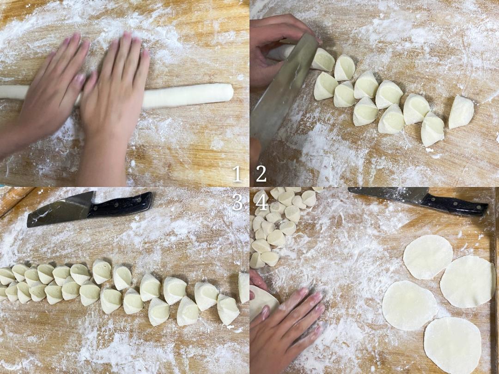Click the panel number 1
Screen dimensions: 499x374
point(237,174)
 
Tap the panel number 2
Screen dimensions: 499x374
point(261,174)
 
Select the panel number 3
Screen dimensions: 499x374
point(237,202)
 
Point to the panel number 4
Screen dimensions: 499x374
point(262,202)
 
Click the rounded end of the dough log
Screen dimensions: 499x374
point(229,92)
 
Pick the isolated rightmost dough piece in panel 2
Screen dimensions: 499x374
point(461,112)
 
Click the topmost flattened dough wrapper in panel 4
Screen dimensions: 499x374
point(428,257)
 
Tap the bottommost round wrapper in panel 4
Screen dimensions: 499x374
point(452,345)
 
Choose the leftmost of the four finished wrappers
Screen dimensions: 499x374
point(409,305)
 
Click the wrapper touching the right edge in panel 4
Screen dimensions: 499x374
point(468,282)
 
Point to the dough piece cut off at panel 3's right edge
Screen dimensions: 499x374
point(244,287)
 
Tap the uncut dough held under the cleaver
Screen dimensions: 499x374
point(282,52)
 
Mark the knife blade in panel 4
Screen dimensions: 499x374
point(388,194)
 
